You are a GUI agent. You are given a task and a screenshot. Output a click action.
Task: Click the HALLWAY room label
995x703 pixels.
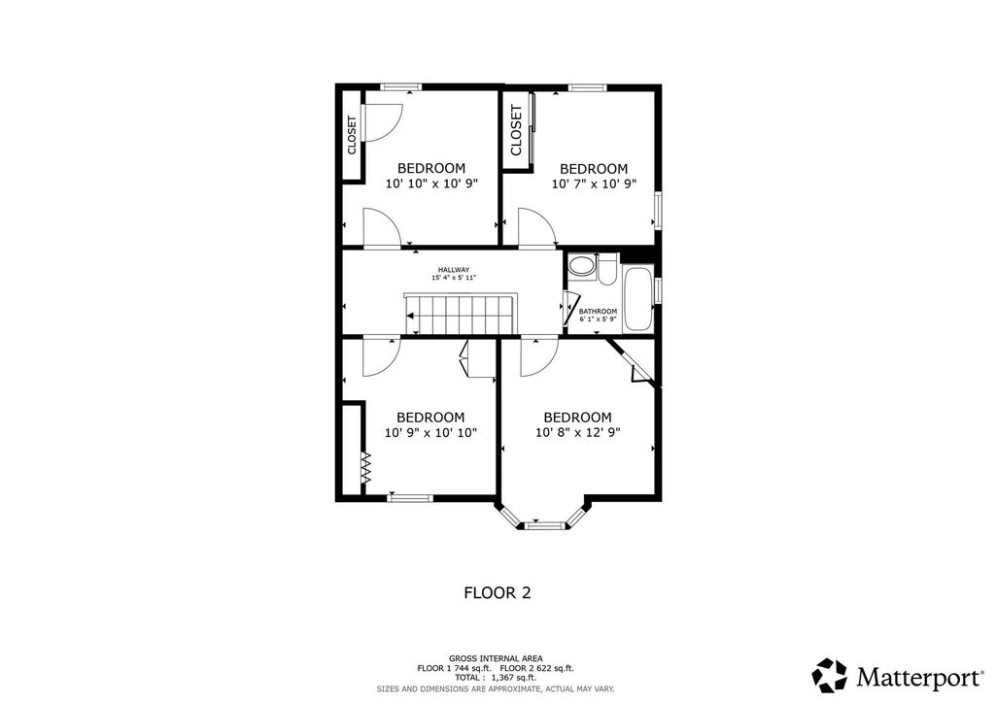454,269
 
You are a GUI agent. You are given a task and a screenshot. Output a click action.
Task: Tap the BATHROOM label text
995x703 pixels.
598,312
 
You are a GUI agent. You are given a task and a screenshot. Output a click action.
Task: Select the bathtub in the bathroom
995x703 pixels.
637,300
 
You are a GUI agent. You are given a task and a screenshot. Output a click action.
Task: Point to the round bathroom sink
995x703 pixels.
581,266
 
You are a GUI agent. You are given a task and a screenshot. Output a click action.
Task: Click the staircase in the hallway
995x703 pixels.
460,314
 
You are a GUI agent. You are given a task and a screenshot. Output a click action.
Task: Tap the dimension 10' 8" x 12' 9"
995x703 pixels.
577,433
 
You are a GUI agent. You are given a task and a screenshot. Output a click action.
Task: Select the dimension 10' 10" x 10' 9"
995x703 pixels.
430,184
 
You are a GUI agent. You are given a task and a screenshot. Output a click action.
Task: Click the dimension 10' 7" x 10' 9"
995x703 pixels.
594,184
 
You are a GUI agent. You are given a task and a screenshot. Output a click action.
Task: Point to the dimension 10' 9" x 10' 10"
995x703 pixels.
430,433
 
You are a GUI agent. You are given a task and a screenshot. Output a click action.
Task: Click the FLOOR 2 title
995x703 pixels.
497,592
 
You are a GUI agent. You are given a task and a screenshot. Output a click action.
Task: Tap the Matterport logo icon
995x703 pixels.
830,676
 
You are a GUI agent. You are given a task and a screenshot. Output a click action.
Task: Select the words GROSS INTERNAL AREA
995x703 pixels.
496,658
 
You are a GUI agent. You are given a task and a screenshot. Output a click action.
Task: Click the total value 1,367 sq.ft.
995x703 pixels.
513,678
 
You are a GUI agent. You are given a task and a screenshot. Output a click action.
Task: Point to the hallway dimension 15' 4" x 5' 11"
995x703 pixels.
454,278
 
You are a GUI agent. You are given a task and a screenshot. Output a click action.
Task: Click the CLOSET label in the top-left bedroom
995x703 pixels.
352,134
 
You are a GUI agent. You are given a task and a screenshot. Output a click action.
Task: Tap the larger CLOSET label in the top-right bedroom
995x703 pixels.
516,130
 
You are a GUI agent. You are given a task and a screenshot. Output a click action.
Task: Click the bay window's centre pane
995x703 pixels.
545,524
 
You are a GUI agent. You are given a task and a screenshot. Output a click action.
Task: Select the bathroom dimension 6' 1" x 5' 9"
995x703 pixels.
598,318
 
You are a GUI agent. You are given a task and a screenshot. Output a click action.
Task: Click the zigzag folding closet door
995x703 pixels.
365,468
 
